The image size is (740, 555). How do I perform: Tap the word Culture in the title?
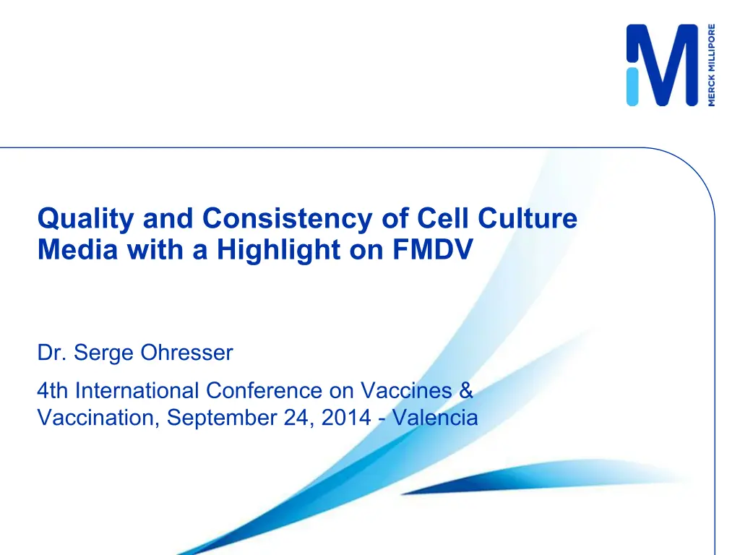tap(528, 218)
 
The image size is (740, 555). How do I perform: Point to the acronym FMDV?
tap(432, 249)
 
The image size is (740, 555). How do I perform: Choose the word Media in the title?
tap(77, 249)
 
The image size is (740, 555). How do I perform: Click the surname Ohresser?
tap(187, 353)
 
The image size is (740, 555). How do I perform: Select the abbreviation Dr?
tap(52, 353)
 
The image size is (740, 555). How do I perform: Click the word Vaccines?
tap(406, 391)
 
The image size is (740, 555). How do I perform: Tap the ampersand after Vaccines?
tap(466, 391)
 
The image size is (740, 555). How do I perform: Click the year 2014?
tap(346, 418)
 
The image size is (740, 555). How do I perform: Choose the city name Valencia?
tap(435, 418)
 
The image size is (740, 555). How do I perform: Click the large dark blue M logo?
tap(662, 65)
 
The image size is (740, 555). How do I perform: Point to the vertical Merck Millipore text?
tap(711, 65)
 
